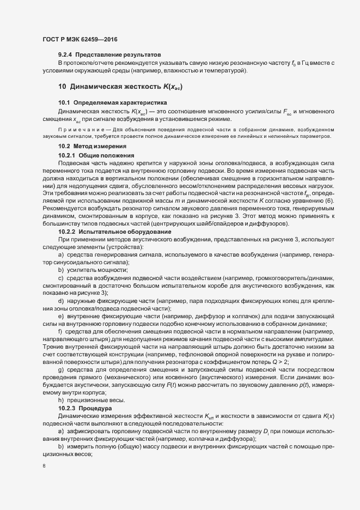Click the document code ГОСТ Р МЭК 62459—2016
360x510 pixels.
[80, 39]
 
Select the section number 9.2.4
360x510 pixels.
[65, 56]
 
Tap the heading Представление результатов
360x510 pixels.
[118, 56]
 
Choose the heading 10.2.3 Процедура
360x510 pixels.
[85, 408]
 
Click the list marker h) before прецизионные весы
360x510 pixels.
[60, 400]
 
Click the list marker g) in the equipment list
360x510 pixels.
[60, 369]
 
